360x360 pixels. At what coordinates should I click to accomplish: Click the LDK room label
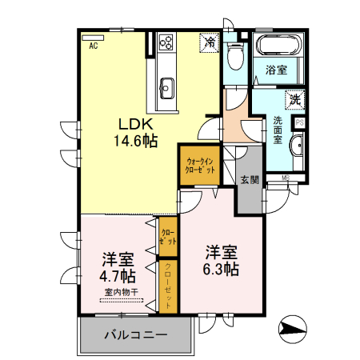137,124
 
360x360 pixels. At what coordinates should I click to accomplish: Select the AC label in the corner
93,46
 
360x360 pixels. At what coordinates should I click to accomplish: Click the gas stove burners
167,42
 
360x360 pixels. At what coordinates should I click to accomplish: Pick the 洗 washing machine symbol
294,100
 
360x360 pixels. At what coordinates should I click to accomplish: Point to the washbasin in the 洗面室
296,147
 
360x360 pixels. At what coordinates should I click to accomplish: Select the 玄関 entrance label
249,180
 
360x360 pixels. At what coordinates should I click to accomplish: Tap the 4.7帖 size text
117,277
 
